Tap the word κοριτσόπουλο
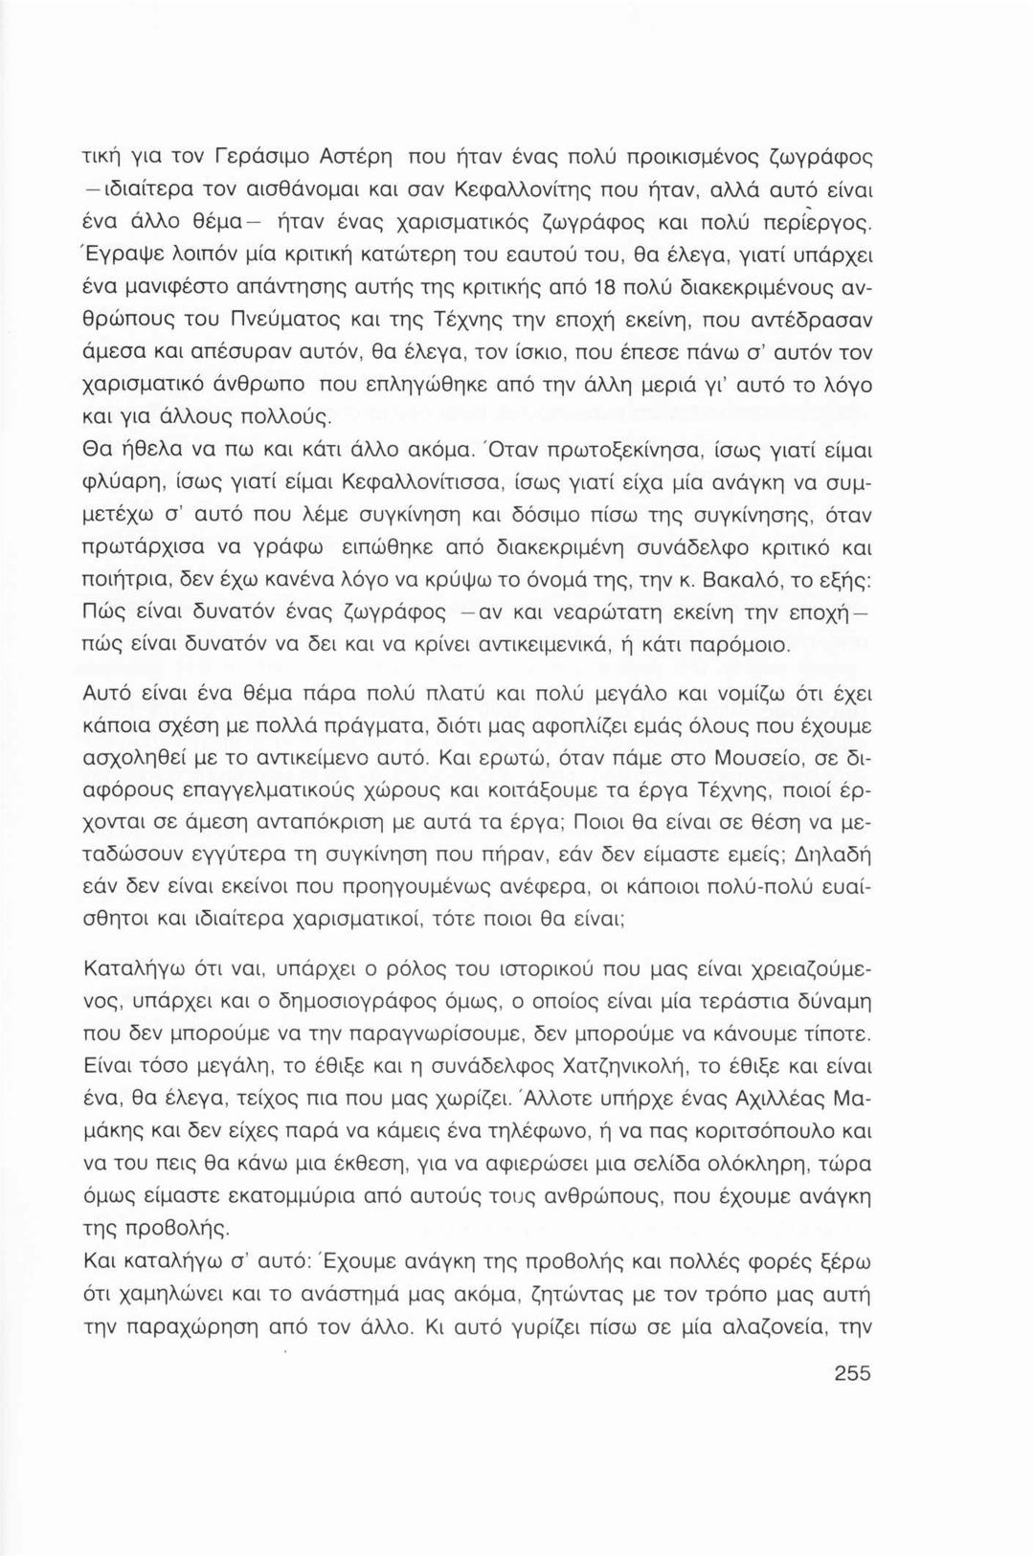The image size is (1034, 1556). (x=746, y=1131)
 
